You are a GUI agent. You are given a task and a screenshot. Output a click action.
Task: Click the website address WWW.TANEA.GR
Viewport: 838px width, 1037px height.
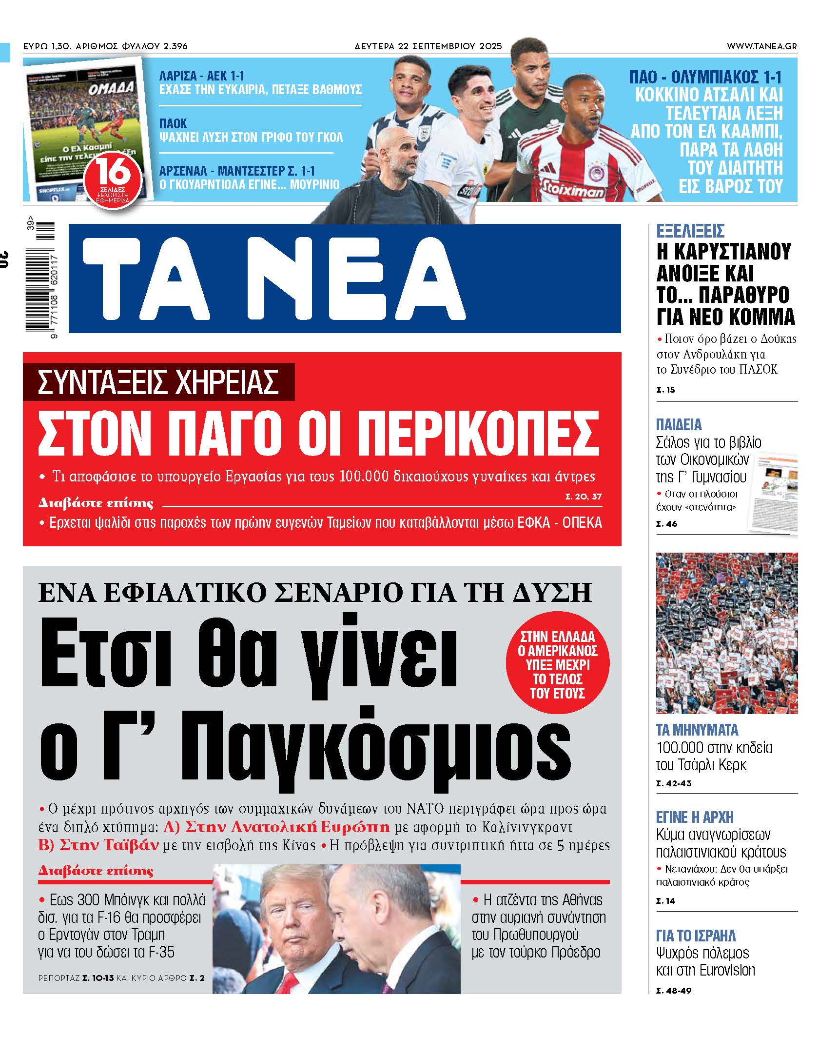[x=761, y=46]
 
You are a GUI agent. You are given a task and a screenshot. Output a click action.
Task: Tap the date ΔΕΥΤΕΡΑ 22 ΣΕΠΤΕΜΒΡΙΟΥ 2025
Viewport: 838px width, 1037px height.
[x=428, y=46]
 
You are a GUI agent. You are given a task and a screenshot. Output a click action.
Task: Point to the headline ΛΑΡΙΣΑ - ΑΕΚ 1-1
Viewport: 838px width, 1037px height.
[x=202, y=76]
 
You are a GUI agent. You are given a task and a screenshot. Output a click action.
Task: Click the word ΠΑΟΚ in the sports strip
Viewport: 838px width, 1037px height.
[x=173, y=123]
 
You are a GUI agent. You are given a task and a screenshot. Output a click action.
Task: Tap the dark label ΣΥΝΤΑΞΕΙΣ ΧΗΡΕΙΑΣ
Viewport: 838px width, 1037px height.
[x=158, y=382]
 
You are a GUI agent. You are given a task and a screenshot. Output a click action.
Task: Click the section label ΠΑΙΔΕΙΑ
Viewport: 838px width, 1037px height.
[x=679, y=424]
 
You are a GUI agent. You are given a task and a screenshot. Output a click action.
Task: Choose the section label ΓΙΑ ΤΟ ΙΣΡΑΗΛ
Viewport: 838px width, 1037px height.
[x=696, y=936]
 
